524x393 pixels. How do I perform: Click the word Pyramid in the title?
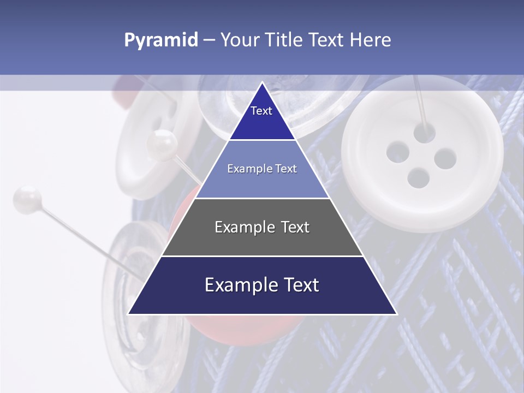pos(160,40)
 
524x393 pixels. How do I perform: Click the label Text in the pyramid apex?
pos(261,111)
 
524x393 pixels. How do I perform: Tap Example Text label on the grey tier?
pos(262,227)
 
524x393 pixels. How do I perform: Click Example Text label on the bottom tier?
pos(262,285)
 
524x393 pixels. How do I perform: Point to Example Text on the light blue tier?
pos(262,169)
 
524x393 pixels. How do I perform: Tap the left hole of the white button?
pos(397,152)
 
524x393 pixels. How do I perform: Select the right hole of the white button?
pos(445,158)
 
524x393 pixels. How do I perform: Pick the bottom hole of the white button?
pos(418,177)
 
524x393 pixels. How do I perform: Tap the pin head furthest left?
pos(27,197)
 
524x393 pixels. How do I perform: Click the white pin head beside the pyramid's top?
pos(162,143)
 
